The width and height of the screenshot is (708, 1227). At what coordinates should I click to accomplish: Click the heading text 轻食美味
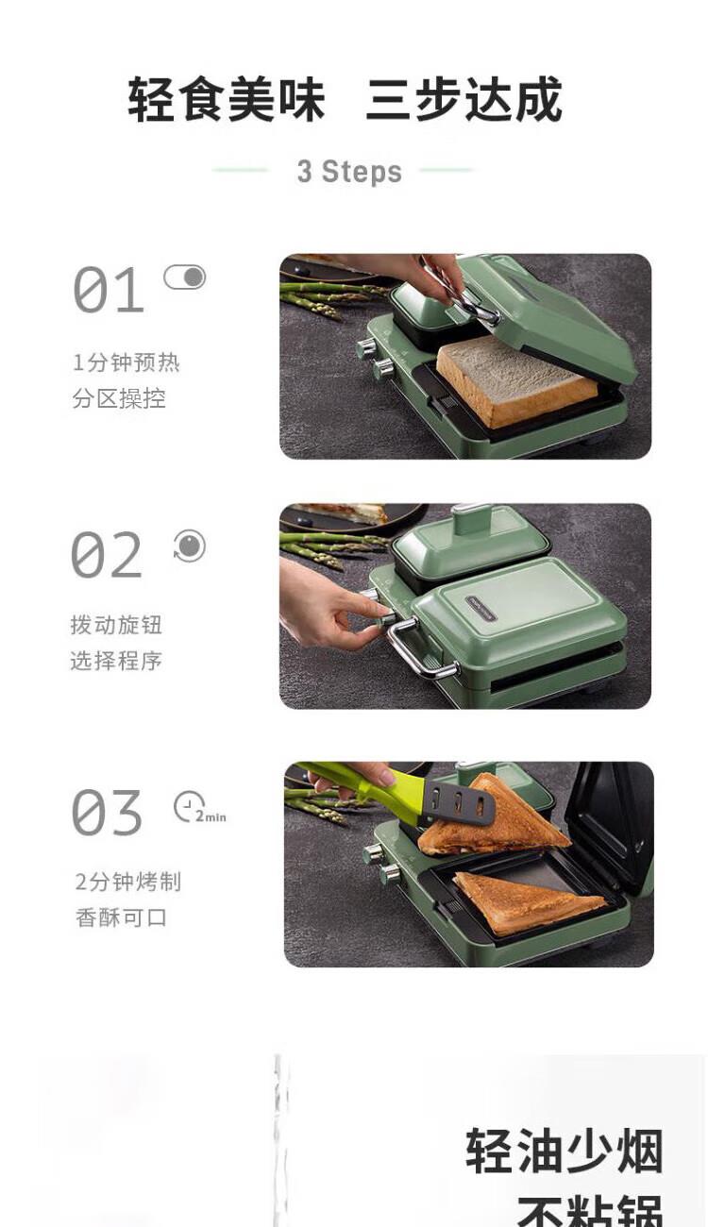pyautogui.click(x=227, y=100)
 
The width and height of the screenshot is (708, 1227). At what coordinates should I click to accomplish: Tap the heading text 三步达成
pyautogui.click(x=464, y=100)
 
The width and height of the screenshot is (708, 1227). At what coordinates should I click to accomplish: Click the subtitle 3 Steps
pyautogui.click(x=349, y=172)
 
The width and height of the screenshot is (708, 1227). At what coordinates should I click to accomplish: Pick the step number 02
pyautogui.click(x=107, y=554)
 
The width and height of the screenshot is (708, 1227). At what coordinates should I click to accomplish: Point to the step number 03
pyautogui.click(x=107, y=812)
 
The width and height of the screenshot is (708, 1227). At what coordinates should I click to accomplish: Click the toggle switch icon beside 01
pyautogui.click(x=185, y=277)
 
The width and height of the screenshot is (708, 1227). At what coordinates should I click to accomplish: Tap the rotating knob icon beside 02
pyautogui.click(x=189, y=546)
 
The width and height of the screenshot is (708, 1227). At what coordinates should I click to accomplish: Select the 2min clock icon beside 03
pyautogui.click(x=199, y=807)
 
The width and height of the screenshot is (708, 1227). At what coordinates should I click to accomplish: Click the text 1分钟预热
pyautogui.click(x=126, y=362)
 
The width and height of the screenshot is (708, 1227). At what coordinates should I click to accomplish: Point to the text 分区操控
pyautogui.click(x=119, y=398)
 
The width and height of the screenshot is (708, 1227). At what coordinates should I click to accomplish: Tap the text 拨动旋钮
pyautogui.click(x=116, y=625)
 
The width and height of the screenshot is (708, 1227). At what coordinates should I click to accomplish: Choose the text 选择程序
pyautogui.click(x=116, y=661)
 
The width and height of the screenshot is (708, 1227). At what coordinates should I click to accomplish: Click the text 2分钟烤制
pyautogui.click(x=128, y=882)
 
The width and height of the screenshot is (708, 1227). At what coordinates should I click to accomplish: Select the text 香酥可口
pyautogui.click(x=121, y=917)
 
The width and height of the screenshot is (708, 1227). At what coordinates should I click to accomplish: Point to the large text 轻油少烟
pyautogui.click(x=565, y=1151)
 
